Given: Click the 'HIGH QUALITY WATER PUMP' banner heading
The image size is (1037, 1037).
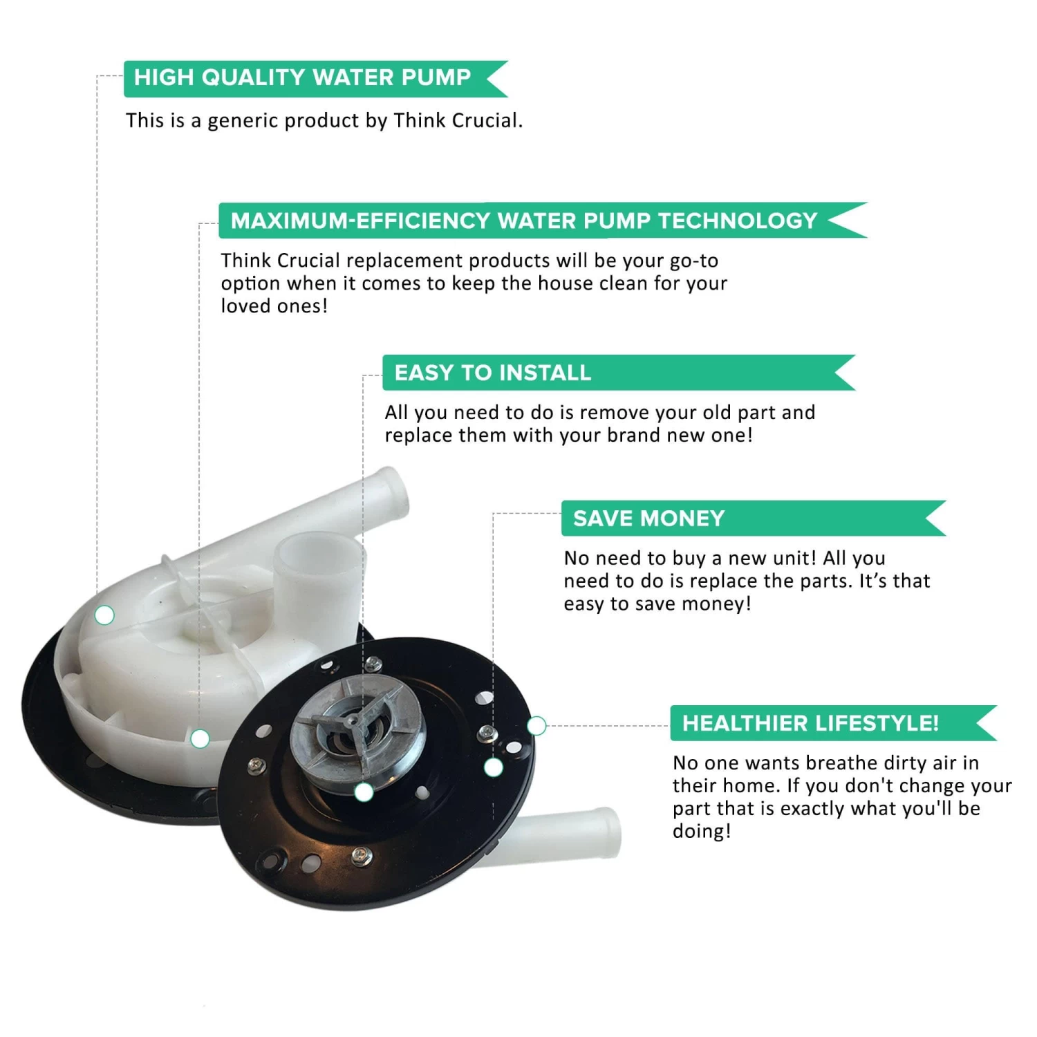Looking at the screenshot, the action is coord(302,77).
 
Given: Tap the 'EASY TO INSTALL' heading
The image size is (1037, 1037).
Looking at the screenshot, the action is coord(492,373).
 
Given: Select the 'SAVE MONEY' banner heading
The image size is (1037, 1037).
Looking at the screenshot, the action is coord(648,518).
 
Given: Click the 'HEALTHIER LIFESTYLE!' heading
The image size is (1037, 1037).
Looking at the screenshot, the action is coord(810,723).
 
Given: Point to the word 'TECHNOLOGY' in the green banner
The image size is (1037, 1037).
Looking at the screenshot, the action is coord(738,221).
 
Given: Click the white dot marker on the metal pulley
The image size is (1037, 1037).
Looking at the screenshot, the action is coord(364,792).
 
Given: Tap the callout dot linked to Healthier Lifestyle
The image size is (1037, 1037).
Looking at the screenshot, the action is coord(536,726).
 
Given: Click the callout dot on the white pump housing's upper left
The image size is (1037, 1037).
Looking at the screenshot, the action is coord(104,615).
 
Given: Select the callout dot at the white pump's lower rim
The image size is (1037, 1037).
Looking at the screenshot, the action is coord(200,739).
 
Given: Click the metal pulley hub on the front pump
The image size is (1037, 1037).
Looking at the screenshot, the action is coord(357,735).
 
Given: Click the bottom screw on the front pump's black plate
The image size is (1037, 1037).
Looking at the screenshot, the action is coord(359,854).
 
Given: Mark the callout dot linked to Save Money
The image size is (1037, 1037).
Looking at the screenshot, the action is coord(493,767).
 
